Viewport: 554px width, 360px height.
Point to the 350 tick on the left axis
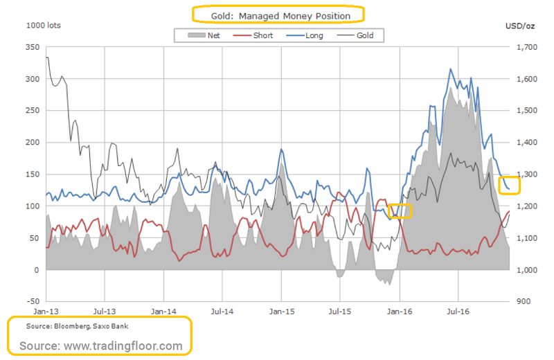pos(33,47)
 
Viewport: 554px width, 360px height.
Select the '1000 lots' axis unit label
pos(43,26)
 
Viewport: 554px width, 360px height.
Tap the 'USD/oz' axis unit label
pos(521,26)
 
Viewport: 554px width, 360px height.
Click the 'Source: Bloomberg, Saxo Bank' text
pos(67,325)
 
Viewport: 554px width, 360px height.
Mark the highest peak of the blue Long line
pos(451,69)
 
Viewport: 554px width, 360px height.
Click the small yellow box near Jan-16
pos(400,211)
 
